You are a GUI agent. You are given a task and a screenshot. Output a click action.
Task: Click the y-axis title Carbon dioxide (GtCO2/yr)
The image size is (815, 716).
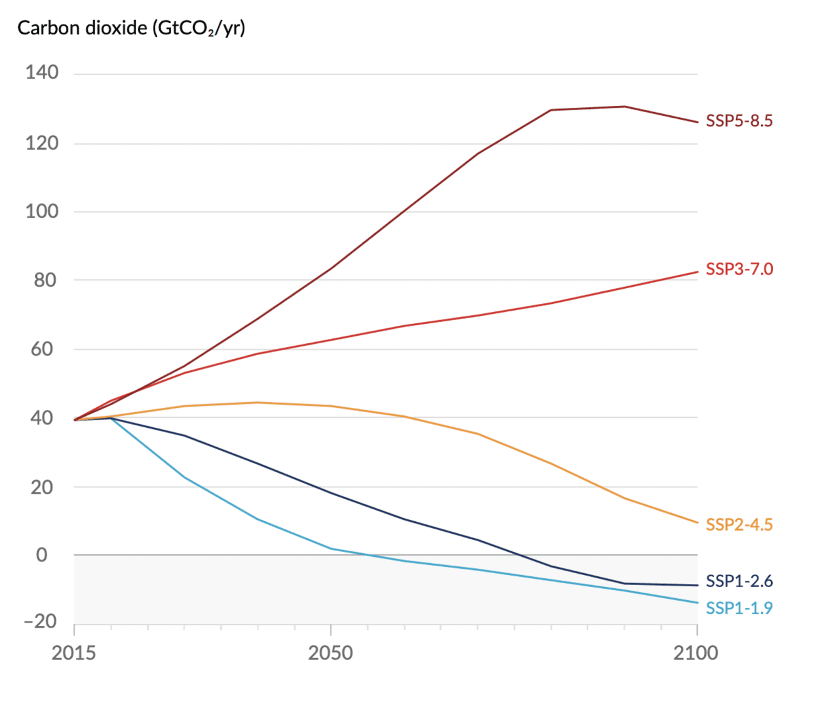point(131,28)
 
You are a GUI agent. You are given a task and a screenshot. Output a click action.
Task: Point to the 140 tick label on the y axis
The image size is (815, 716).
point(42,73)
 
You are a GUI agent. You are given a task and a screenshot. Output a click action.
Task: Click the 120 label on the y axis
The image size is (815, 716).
point(42,143)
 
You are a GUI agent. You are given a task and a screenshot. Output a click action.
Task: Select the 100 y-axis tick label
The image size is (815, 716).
point(42,212)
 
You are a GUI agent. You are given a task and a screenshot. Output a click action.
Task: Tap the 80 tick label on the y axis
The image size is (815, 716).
point(45,280)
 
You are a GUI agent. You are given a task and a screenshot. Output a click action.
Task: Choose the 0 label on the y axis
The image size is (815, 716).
point(42,555)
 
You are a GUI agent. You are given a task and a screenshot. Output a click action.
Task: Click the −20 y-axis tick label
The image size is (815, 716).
point(40,621)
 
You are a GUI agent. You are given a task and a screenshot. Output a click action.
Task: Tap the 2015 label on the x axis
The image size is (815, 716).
point(74,653)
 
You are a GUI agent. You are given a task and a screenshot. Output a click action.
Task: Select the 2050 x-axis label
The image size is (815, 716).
point(330,653)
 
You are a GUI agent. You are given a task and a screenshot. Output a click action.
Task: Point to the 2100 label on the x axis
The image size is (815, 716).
point(696,653)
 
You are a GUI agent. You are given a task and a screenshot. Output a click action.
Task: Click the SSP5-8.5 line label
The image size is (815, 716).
point(739,121)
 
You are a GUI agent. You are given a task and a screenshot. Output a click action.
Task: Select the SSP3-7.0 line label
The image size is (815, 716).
point(739,269)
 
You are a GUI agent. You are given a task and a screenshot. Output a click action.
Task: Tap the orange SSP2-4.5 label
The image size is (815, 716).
point(739,525)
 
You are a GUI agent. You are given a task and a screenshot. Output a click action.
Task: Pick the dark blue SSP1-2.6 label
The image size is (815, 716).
point(739,581)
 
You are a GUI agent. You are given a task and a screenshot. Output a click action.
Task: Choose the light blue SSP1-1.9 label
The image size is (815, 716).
point(739,608)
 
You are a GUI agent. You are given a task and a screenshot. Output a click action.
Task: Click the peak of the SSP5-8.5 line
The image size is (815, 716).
point(624,106)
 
